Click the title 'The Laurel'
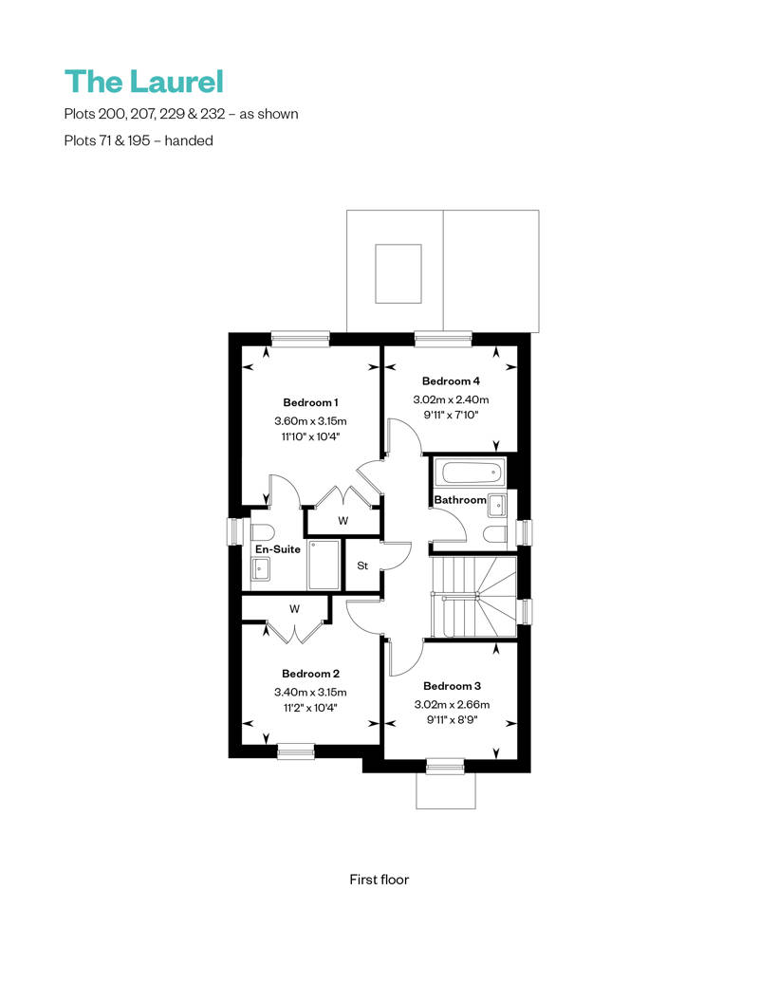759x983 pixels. pyautogui.click(x=143, y=82)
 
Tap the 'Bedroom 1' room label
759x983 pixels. pyautogui.click(x=310, y=402)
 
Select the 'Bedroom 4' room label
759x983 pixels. pyautogui.click(x=451, y=381)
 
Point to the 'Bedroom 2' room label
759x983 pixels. pyautogui.click(x=310, y=674)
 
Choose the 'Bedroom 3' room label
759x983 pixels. pyautogui.click(x=451, y=686)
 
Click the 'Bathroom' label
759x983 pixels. pyautogui.click(x=459, y=500)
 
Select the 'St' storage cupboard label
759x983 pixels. pyautogui.click(x=362, y=566)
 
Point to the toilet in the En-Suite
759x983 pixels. pyautogui.click(x=261, y=531)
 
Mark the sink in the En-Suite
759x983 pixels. pyautogui.click(x=261, y=568)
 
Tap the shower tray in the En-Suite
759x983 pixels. pyautogui.click(x=324, y=566)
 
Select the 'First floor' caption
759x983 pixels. pyautogui.click(x=379, y=880)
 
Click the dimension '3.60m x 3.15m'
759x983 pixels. pyautogui.click(x=310, y=420)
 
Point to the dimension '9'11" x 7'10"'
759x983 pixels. pyautogui.click(x=451, y=415)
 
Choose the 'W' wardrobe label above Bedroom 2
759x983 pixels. pyautogui.click(x=294, y=608)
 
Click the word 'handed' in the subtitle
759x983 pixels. pyautogui.click(x=190, y=140)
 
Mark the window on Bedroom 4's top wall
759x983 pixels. pyautogui.click(x=443, y=337)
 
